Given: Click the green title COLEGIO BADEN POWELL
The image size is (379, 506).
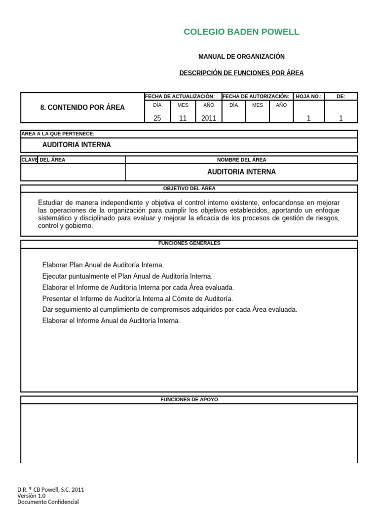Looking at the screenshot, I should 241,32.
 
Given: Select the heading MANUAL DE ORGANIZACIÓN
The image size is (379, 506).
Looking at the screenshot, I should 241,57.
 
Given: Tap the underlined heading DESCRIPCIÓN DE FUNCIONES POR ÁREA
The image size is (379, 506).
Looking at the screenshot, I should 241,73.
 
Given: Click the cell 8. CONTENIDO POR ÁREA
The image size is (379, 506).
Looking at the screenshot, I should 82,107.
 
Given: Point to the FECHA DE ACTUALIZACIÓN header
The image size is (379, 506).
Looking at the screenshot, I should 180,96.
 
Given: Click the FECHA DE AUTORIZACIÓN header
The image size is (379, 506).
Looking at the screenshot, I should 256,96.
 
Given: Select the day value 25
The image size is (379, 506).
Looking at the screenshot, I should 157,118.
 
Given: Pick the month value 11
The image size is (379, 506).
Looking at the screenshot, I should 183,118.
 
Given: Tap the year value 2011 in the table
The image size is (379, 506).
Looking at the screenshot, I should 208,118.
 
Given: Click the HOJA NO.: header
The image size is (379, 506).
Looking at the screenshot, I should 309,96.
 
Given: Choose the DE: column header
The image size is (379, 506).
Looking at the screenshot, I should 341,96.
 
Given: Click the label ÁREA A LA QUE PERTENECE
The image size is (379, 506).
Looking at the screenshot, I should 58,134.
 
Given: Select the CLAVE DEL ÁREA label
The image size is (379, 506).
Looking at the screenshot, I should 43,160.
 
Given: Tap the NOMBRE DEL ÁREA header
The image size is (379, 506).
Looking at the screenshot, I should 241,160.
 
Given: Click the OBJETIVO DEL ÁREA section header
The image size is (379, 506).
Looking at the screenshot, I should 189,188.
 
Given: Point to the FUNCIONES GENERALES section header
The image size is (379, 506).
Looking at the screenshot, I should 189,243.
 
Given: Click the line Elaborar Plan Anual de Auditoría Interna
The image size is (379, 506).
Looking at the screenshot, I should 103,265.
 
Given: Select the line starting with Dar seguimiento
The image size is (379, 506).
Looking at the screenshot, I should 170,310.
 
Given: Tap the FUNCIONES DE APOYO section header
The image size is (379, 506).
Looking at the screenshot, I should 189,399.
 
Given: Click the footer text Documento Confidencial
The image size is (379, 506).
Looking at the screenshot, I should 48,502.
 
